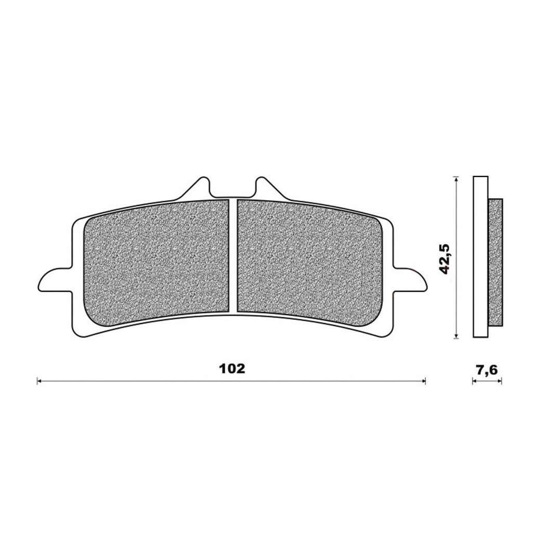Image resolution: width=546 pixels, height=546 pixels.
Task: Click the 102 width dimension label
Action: click(232, 369)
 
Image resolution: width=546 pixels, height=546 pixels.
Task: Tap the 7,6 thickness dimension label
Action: click(487, 370)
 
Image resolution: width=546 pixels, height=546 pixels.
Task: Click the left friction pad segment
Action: click(157, 256)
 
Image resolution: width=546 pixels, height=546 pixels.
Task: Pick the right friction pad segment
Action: click(310, 256)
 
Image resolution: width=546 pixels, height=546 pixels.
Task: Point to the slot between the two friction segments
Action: click(233, 257)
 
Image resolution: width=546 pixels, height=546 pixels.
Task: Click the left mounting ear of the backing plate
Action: click(55, 278)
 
